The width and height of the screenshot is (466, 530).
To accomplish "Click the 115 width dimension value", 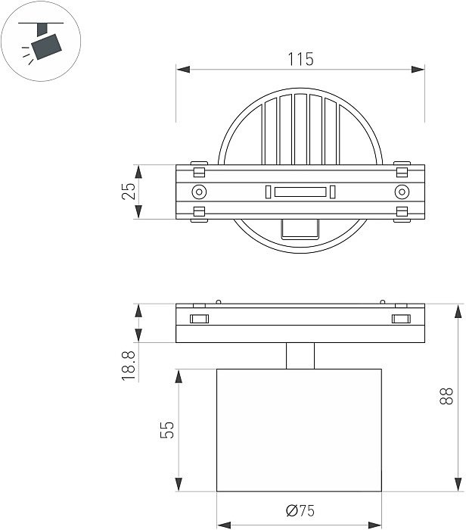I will pyautogui.click(x=300, y=58).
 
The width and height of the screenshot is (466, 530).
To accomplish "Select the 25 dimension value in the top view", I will pyautogui.click(x=129, y=192).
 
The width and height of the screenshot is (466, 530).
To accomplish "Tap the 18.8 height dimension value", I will pyautogui.click(x=129, y=364).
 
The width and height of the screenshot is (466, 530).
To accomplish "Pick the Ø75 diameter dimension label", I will pyautogui.click(x=300, y=512).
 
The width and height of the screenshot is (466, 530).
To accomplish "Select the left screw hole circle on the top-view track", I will pyautogui.click(x=199, y=192).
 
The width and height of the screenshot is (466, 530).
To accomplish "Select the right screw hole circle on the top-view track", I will pyautogui.click(x=401, y=192).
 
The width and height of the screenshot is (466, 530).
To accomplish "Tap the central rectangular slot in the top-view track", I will pyautogui.click(x=300, y=192).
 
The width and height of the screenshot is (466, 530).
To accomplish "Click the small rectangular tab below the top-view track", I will pyautogui.click(x=300, y=229).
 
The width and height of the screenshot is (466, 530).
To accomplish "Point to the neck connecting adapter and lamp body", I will pyautogui.click(x=300, y=355).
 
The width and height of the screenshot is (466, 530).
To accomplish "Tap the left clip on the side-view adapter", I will pyautogui.click(x=199, y=318).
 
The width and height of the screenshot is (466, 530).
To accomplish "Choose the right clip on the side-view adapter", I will pyautogui.click(x=401, y=318).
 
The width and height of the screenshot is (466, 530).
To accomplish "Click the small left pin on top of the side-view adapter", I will pyautogui.click(x=218, y=301).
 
